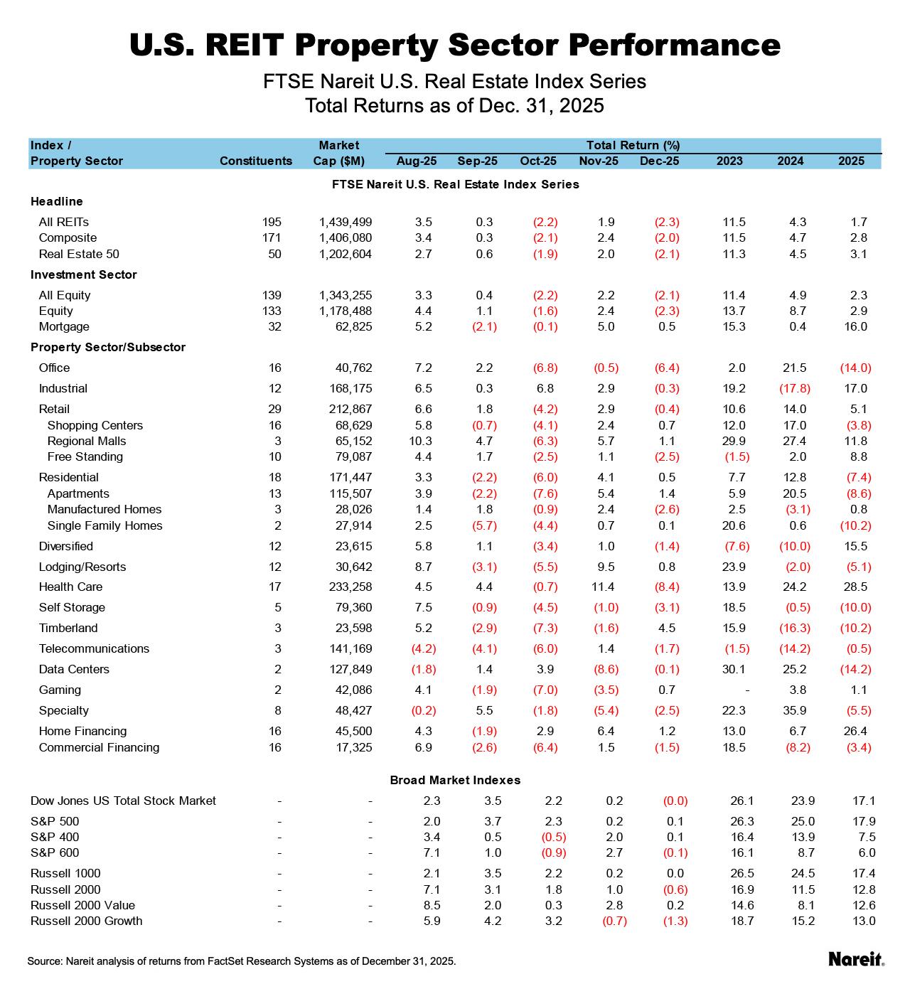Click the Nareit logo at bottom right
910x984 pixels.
point(856,959)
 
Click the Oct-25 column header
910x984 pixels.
point(538,161)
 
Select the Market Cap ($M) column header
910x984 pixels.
point(338,153)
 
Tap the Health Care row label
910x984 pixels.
point(70,587)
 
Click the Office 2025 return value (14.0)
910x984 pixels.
point(855,368)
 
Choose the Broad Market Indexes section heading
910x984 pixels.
point(455,780)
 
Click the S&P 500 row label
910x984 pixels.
point(55,821)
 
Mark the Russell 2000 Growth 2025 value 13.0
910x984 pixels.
point(863,921)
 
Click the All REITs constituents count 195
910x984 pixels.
point(272,222)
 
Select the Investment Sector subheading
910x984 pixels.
point(83,274)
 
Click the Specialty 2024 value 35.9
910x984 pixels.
point(793,710)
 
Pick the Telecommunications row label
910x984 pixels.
point(94,648)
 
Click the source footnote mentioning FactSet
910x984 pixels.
point(242,961)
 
